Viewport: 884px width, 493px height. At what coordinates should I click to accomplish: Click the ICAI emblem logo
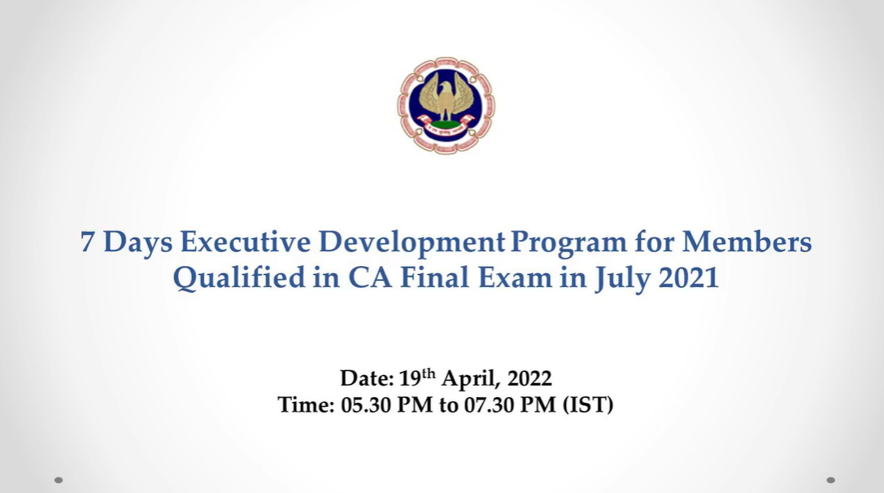click(x=446, y=105)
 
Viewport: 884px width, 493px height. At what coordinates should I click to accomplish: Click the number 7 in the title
click(x=87, y=242)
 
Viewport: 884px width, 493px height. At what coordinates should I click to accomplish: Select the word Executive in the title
click(x=246, y=242)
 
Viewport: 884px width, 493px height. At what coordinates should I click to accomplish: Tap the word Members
click(x=747, y=242)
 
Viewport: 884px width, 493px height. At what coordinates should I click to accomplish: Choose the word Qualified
click(x=238, y=278)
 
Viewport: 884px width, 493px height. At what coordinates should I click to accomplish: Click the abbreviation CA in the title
click(x=370, y=277)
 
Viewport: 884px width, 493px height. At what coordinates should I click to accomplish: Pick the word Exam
click(x=516, y=277)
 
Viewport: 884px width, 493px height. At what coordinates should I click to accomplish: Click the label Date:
click(x=367, y=378)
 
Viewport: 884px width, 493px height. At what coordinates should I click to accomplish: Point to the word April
click(x=469, y=379)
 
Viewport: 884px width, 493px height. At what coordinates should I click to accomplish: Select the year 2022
click(x=529, y=378)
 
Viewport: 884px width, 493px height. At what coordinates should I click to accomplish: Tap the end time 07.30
click(x=489, y=405)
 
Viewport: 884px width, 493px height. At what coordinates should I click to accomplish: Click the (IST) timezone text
click(x=588, y=405)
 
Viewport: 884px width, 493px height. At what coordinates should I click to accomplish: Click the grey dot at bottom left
click(x=59, y=480)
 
